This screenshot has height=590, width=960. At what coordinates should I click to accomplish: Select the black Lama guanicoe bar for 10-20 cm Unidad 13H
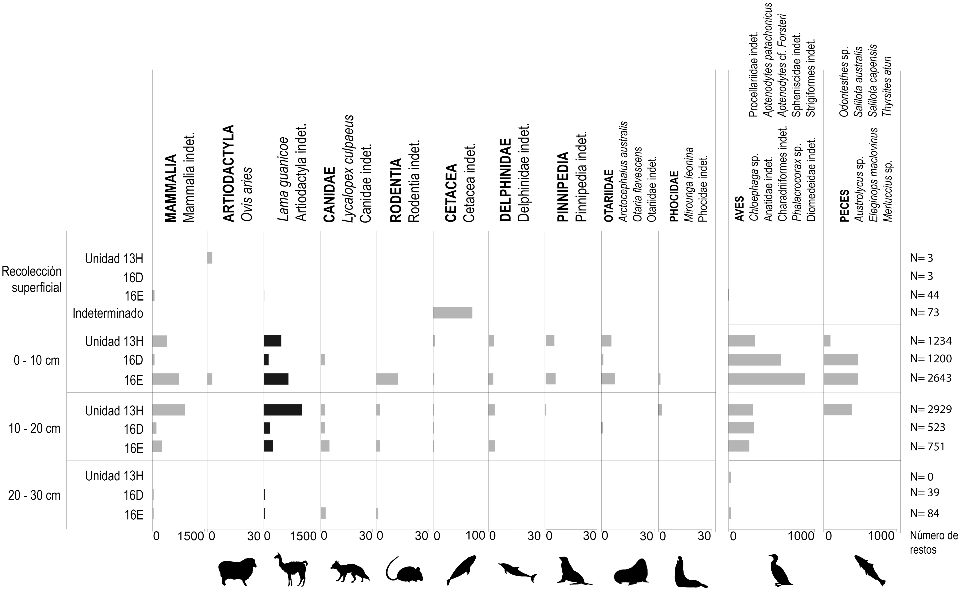pyautogui.click(x=283, y=410)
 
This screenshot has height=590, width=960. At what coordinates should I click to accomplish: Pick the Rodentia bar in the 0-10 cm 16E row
pyautogui.click(x=387, y=379)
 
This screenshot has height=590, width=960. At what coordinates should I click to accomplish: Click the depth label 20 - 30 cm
pyautogui.click(x=34, y=496)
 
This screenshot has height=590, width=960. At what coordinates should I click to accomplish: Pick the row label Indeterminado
pyautogui.click(x=108, y=313)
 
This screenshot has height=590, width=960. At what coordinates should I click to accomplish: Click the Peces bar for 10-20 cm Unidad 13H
pyautogui.click(x=837, y=410)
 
